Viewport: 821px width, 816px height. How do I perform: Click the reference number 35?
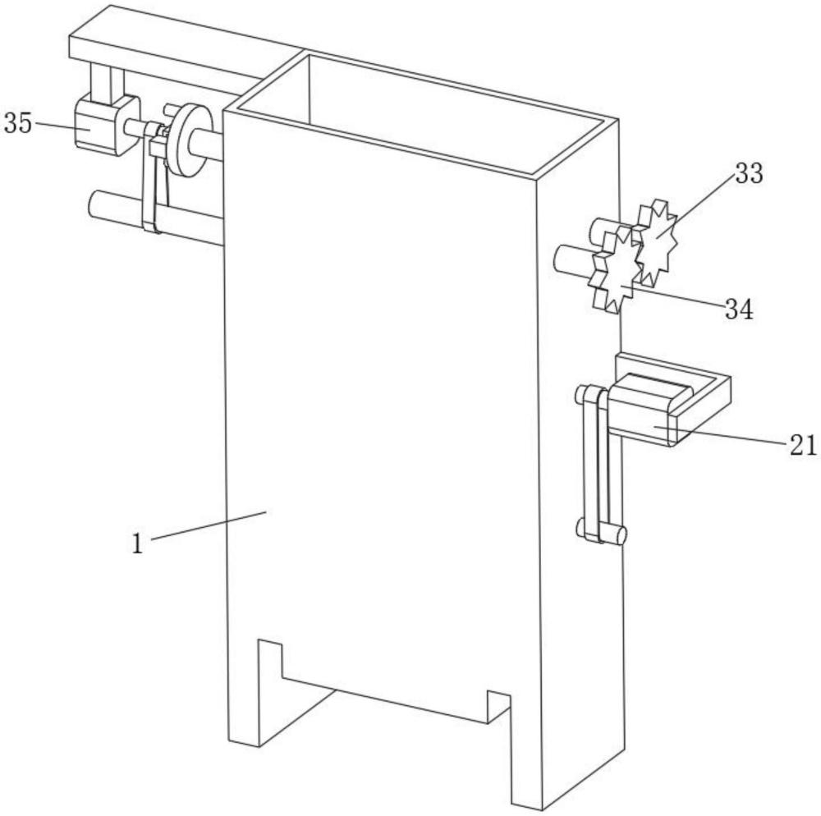pos(18,123)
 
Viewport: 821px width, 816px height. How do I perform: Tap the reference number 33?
pos(750,173)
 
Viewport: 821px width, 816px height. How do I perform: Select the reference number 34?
pos(739,309)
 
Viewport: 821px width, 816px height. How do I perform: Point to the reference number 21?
pos(803,446)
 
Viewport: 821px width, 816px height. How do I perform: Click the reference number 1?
pos(137,543)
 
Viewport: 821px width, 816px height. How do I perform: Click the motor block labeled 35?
pos(106,125)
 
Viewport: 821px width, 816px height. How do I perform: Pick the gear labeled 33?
pos(655,242)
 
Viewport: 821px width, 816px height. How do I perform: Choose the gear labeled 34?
pos(617,270)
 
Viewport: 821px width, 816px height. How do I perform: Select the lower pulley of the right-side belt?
pos(602,532)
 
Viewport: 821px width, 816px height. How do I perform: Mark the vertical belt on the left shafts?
pos(154,178)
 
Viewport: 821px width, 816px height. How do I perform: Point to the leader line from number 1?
pos(209,525)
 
